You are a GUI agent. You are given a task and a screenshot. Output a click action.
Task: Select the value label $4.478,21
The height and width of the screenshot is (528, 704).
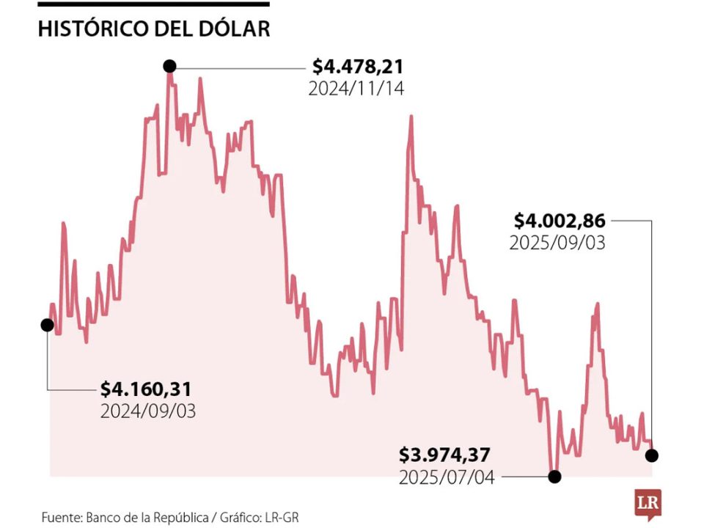[357, 67]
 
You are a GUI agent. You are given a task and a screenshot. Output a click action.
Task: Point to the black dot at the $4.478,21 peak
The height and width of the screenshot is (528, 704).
[170, 67]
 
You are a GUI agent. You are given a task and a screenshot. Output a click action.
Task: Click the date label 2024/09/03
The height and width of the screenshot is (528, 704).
[147, 411]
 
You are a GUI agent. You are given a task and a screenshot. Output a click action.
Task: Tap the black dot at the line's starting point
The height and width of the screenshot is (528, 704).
[48, 325]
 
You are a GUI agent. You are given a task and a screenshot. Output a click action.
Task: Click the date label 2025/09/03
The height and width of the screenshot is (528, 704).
[557, 243]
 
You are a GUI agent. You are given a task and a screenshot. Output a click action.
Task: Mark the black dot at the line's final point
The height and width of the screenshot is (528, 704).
[652, 455]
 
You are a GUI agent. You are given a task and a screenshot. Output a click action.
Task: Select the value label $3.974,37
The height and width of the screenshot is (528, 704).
[447, 455]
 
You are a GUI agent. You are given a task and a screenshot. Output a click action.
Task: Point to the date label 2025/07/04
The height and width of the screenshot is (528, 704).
[447, 477]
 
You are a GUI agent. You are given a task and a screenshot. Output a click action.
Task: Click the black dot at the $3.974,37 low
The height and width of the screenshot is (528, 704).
[555, 477]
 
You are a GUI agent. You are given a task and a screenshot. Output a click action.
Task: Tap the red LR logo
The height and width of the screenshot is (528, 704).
[648, 504]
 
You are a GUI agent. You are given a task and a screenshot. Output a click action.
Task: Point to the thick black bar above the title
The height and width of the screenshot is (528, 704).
[153, 4]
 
